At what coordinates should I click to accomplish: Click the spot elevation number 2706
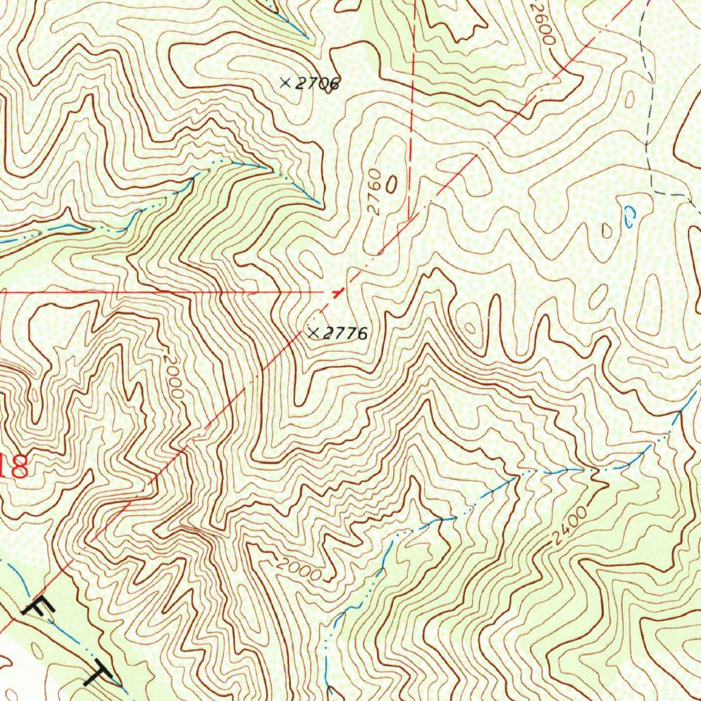318,84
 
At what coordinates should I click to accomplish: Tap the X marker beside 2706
285,82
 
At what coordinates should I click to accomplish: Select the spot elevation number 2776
346,334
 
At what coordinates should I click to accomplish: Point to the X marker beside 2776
314,333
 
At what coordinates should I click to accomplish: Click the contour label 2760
374,198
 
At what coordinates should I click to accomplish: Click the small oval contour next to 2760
392,183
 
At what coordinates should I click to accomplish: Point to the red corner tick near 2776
336,292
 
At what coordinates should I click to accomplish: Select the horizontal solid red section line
171,292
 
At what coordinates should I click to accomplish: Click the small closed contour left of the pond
607,230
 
